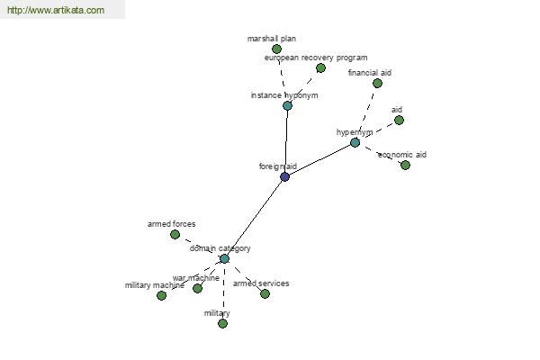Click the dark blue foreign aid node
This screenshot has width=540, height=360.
coord(284,176)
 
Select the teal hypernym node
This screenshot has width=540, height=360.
coord(355,142)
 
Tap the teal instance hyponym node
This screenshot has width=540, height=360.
coord(287,105)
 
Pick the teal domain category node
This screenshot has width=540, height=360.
coord(224,258)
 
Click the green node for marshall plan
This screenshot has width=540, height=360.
coord(276,49)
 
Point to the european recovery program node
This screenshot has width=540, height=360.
coord(320,67)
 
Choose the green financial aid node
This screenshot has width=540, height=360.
coord(377,83)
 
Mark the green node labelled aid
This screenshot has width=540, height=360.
coord(399,120)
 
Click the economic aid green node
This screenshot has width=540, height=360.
coord(405,165)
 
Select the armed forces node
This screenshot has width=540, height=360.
coord(175,234)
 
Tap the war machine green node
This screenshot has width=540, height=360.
coord(197,288)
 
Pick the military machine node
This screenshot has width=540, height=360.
coord(161,295)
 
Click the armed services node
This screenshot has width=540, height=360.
coord(265,293)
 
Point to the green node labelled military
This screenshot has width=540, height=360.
coord(222,323)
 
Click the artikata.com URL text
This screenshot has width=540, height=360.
coord(55,11)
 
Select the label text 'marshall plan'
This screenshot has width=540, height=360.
coord(272,39)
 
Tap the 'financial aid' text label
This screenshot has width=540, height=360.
coord(370,72)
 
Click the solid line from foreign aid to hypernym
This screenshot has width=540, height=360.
coord(319,159)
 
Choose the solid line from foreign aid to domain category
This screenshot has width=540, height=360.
coord(255,217)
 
